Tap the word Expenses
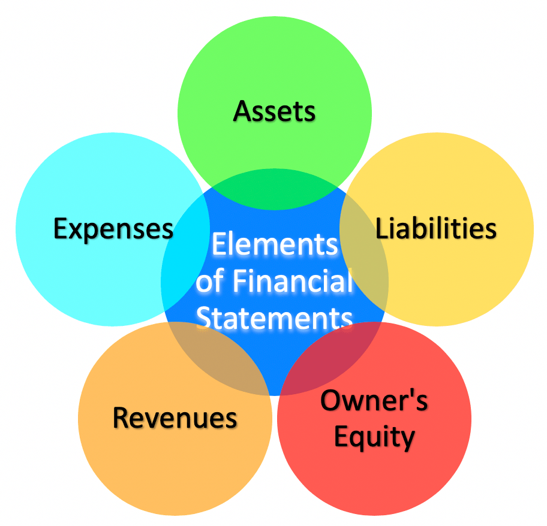click(x=113, y=229)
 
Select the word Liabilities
click(x=435, y=228)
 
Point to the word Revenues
click(x=175, y=418)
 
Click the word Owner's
click(x=374, y=400)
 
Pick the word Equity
click(x=374, y=437)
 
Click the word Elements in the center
click(x=275, y=244)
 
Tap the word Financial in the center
click(x=292, y=281)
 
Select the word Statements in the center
click(x=275, y=318)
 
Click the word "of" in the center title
click(x=209, y=281)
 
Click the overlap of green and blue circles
click(x=275, y=189)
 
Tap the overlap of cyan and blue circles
click(x=185, y=251)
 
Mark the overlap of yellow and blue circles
click(x=364, y=252)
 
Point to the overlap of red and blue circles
click(x=329, y=359)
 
